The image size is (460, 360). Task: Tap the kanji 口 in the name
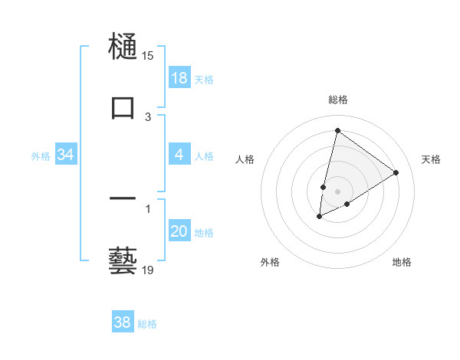tap(123, 106)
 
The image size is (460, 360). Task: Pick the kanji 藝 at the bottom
tap(123, 260)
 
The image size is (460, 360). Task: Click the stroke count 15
tap(147, 56)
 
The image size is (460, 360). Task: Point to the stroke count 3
tap(148, 116)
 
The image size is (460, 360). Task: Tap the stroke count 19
tap(147, 270)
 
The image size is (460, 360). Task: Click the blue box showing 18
tap(179, 78)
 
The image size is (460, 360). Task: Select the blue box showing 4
tap(179, 155)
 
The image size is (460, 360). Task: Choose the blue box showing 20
tap(179, 231)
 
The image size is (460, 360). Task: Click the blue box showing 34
tap(66, 155)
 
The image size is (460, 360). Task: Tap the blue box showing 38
tap(123, 322)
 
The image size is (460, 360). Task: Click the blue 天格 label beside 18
tap(204, 79)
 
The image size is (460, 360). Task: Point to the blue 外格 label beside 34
tap(41, 155)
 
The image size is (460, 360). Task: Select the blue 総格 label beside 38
tap(147, 324)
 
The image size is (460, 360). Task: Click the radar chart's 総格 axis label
tap(337, 100)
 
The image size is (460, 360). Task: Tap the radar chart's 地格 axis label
tap(402, 262)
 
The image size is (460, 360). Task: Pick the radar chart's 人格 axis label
tap(245, 159)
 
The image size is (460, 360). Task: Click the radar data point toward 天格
tap(396, 172)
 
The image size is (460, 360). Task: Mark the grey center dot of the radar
tap(337, 191)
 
